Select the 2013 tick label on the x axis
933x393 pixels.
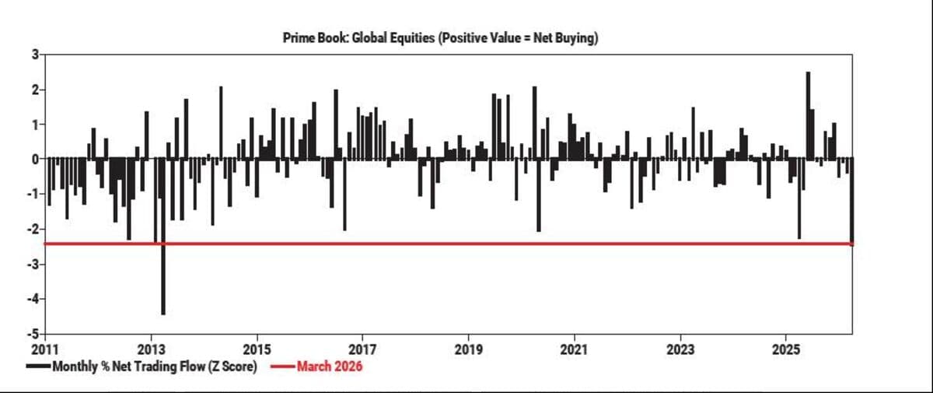(x=151, y=348)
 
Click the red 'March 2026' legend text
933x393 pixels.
(x=330, y=366)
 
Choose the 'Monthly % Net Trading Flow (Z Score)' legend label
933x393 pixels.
(x=154, y=366)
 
